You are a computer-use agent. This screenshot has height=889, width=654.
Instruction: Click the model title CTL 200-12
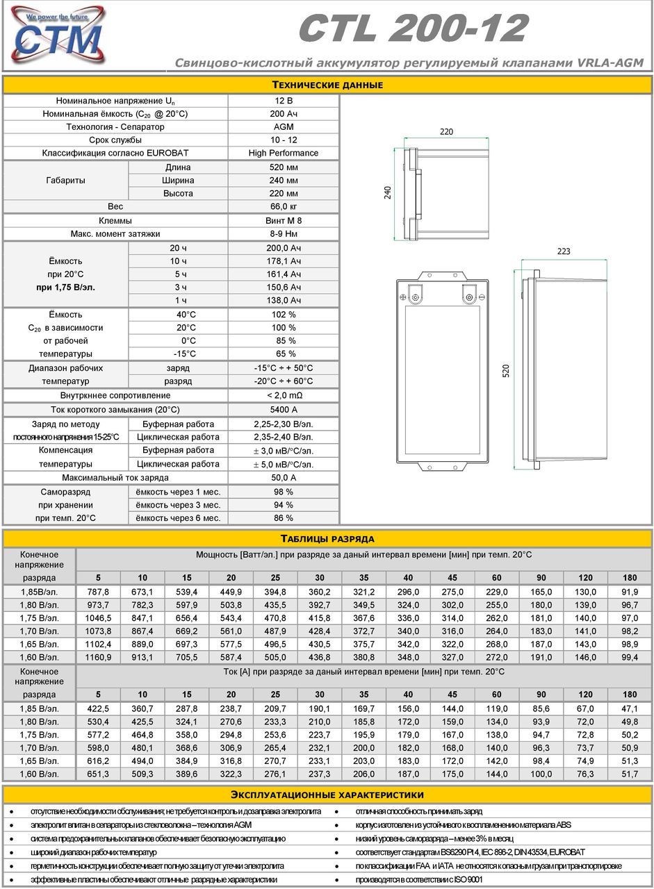pyautogui.click(x=413, y=28)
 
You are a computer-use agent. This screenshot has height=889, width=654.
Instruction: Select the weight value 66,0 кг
pyautogui.click(x=284, y=206)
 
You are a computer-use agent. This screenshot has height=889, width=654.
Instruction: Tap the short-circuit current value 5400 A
pyautogui.click(x=284, y=410)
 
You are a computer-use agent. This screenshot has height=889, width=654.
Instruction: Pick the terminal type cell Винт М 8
pyautogui.click(x=284, y=220)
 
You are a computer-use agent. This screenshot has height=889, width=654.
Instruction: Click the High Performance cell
pyautogui.click(x=284, y=153)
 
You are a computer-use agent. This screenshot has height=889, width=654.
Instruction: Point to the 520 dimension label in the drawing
pyautogui.click(x=506, y=372)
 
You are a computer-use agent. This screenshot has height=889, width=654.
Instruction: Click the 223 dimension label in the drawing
pyautogui.click(x=564, y=251)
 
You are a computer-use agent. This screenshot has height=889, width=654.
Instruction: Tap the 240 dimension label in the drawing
pyautogui.click(x=389, y=192)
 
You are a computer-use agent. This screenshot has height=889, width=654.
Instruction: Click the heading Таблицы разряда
pyautogui.click(x=327, y=538)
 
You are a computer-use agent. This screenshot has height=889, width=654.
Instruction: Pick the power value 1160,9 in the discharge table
pyautogui.click(x=98, y=657)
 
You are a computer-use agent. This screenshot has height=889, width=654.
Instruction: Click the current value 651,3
pyautogui.click(x=98, y=774)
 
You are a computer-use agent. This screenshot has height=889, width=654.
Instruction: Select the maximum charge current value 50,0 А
pyautogui.click(x=284, y=478)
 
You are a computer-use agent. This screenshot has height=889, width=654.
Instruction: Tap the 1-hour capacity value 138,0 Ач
pyautogui.click(x=284, y=300)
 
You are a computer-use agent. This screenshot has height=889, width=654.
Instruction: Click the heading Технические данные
pyautogui.click(x=327, y=85)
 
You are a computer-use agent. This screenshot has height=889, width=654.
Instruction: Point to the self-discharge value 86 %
pyautogui.click(x=284, y=518)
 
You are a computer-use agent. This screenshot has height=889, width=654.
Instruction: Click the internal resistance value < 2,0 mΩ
pyautogui.click(x=284, y=395)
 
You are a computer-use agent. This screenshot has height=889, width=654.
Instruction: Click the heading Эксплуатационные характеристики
pyautogui.click(x=327, y=795)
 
